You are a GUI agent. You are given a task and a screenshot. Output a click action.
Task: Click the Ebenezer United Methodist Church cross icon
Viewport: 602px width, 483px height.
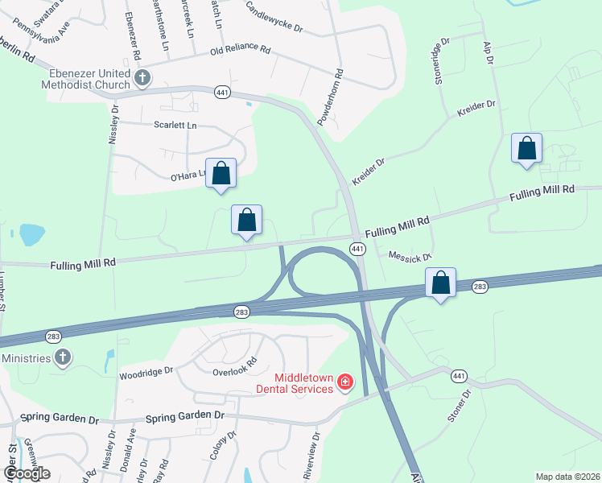click(x=142, y=78)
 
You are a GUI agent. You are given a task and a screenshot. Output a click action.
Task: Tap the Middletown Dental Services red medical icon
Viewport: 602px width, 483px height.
click(x=344, y=381)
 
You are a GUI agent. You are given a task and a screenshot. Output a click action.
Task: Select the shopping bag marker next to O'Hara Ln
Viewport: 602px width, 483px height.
click(x=221, y=173)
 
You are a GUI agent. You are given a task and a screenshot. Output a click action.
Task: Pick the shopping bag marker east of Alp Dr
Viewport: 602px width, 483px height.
click(x=526, y=148)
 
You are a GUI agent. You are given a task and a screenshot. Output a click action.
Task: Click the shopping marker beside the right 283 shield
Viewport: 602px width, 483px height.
click(x=440, y=283)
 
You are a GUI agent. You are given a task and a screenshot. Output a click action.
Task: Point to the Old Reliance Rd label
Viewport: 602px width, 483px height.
click(x=240, y=50)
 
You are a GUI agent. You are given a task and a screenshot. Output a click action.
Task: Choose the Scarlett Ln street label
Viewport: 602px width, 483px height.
click(x=175, y=126)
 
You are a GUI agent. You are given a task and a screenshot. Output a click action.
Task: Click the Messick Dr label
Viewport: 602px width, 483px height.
click(x=410, y=255)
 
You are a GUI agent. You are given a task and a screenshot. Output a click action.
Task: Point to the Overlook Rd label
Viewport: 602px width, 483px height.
click(x=234, y=367)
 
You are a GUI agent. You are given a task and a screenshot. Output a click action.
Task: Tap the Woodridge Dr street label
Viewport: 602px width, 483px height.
click(x=146, y=372)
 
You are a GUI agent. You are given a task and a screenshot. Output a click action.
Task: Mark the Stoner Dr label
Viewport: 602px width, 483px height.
click(x=457, y=410)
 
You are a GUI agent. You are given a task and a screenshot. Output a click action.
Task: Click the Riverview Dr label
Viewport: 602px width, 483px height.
click(x=311, y=456)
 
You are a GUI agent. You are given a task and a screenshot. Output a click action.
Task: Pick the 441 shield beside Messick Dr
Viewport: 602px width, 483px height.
click(x=355, y=249)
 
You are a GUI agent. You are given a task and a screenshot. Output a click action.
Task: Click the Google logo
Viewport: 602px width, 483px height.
click(x=27, y=473)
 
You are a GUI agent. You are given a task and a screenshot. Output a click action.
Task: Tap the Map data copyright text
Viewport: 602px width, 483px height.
click(x=567, y=477)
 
